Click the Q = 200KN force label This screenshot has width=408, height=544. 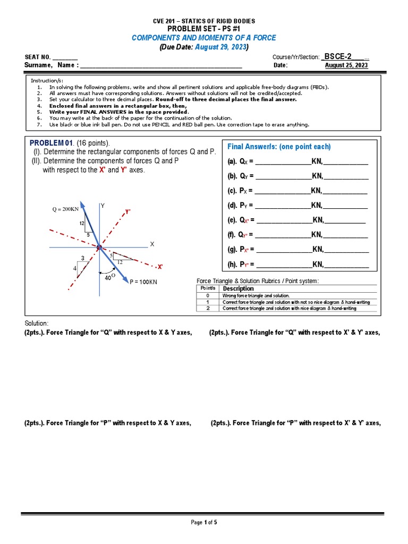pyautogui.click(x=65, y=209)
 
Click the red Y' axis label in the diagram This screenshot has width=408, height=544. pyautogui.click(x=127, y=211)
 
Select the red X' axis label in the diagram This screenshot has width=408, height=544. pyautogui.click(x=160, y=267)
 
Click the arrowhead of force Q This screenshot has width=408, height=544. pyautogui.click(x=81, y=203)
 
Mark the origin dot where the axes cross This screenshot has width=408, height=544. pyautogui.click(x=99, y=247)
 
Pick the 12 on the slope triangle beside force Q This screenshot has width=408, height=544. pyautogui.click(x=82, y=223)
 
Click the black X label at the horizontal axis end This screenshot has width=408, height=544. pyautogui.click(x=151, y=244)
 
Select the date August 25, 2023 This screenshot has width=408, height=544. pyautogui.click(x=346, y=66)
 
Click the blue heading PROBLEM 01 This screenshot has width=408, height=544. pyautogui.click(x=50, y=143)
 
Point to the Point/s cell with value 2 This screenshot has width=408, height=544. pyautogui.click(x=208, y=308)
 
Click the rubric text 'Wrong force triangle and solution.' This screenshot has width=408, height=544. pyautogui.click(x=256, y=295)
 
